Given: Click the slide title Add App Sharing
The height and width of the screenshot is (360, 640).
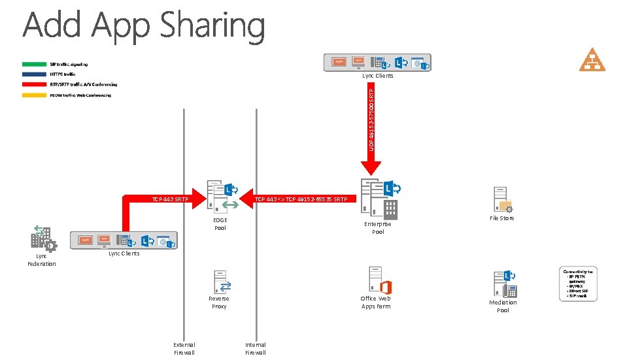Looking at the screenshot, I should click(144, 26).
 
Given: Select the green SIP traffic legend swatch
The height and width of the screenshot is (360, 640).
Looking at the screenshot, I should click(34, 64).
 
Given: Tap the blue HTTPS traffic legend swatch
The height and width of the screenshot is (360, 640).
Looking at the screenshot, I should click(34, 74).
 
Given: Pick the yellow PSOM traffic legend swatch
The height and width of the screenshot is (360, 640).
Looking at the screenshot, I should click(34, 95).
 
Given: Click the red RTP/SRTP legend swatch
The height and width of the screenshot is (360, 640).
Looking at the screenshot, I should click(34, 85).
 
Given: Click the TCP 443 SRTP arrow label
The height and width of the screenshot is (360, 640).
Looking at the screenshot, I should click(170, 199).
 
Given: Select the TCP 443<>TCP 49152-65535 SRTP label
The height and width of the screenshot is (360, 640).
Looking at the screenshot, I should click(301, 199).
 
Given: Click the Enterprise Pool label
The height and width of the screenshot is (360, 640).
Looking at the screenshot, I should click(378, 228).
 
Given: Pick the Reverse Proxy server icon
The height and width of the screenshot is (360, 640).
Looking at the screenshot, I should click(220, 282).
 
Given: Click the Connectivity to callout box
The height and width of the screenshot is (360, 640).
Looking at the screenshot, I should click(581, 283).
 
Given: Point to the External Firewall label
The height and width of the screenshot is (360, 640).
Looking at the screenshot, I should click(184, 348).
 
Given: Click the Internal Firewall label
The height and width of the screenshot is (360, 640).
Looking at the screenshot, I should click(256, 348).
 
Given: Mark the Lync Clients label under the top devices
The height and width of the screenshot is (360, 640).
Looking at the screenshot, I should click(378, 76).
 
